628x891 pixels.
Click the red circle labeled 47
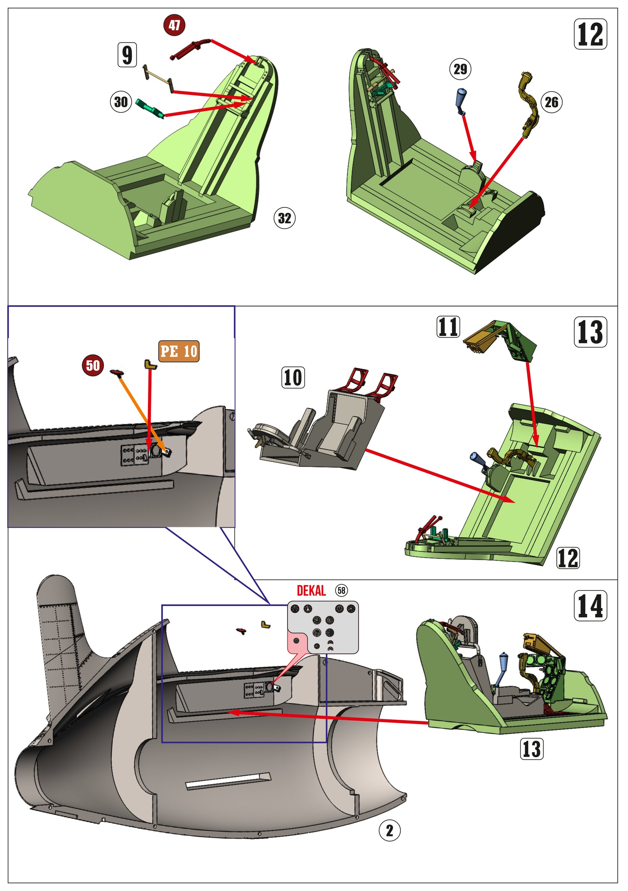click(x=174, y=25)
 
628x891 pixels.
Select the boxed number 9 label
click(x=127, y=55)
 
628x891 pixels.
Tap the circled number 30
click(x=121, y=102)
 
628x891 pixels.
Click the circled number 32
click(x=284, y=218)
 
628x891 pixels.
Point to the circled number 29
click(x=460, y=69)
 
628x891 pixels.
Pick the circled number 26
click(x=551, y=102)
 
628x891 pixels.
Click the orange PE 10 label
click(x=179, y=352)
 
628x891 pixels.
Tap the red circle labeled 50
click(x=93, y=365)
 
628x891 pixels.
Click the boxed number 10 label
click(x=293, y=377)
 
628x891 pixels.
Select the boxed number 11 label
click(x=448, y=327)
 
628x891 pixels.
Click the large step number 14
click(x=590, y=606)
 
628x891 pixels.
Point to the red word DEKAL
click(x=311, y=591)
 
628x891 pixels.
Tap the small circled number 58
click(x=342, y=591)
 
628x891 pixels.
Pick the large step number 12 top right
click(x=590, y=34)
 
